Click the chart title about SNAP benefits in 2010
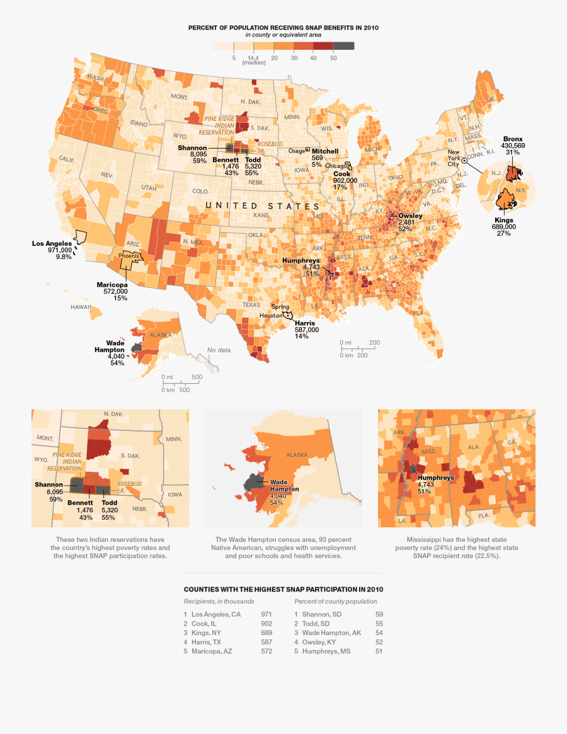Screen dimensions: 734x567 pos(283,28)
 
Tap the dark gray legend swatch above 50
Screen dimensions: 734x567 pos(343,46)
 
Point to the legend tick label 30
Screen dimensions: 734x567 pos(294,58)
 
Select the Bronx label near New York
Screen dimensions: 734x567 pos(512,139)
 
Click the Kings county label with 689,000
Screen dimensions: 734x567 pos(503,220)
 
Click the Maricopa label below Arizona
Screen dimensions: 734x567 pos(112,285)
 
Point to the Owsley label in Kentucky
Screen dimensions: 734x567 pos(409,216)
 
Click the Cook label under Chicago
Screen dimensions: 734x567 pos(341,173)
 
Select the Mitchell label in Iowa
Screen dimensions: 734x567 pos(324,151)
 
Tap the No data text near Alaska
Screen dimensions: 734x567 pos(219,350)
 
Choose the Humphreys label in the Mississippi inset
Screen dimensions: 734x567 pos(435,478)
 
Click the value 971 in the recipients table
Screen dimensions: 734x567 pos(266,614)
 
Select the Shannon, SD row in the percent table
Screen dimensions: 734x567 pos(321,614)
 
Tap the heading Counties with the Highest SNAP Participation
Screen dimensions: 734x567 pos(283,589)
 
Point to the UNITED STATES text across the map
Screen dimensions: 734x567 pos(263,206)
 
